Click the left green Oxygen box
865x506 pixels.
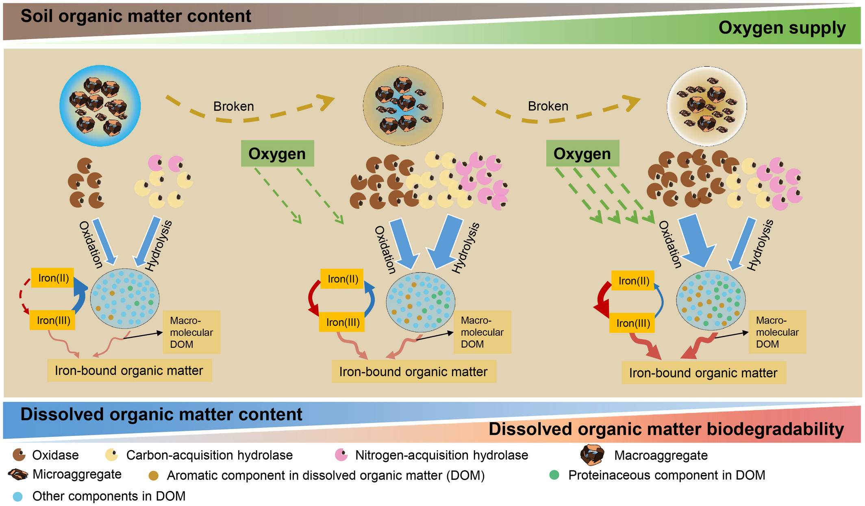(277, 153)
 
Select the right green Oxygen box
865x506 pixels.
(582, 153)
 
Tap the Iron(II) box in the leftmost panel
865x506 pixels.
(53, 278)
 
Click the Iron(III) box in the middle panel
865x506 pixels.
(342, 322)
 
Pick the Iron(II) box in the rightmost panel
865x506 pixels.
(633, 281)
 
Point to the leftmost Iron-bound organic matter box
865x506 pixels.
(129, 370)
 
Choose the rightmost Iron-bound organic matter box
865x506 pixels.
(703, 373)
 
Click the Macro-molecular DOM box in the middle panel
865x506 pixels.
(482, 332)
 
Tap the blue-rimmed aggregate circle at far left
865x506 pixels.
(100, 106)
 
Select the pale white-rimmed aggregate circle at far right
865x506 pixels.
(706, 106)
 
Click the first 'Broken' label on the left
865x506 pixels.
(233, 106)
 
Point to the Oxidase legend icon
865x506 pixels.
(19, 455)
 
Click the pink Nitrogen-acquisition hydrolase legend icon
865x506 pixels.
(341, 455)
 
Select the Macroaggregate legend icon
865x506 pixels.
(592, 455)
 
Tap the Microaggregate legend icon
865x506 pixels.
(18, 474)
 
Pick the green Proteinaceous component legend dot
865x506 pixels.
(554, 475)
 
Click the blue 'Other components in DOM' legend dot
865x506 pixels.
(17, 496)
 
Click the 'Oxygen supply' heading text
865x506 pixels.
(782, 28)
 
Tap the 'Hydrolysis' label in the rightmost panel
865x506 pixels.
(760, 245)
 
